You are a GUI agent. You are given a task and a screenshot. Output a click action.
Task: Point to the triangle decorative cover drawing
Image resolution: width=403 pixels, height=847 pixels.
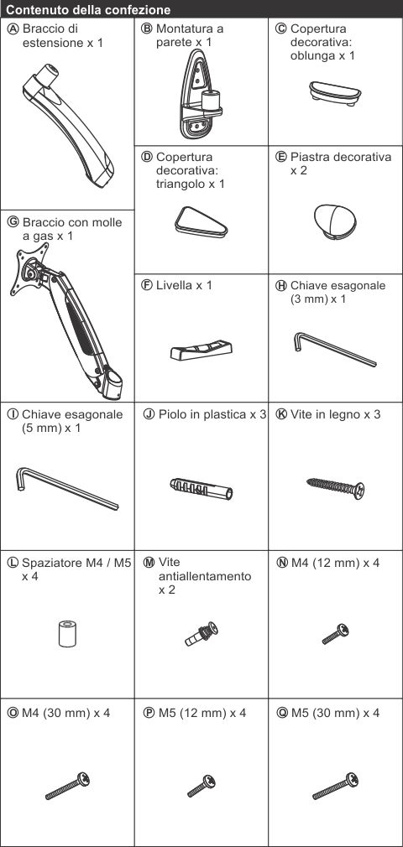pos(201,221)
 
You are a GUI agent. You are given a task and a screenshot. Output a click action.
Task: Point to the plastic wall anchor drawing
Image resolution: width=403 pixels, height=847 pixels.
pos(201,488)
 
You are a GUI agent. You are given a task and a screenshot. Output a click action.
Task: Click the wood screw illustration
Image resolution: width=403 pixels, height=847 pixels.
pos(335,488)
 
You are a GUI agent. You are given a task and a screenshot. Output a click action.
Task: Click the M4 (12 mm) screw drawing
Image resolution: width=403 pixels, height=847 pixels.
pos(335,634)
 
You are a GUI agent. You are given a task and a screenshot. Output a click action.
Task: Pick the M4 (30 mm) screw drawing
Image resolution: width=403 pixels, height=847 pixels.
pos(68,786)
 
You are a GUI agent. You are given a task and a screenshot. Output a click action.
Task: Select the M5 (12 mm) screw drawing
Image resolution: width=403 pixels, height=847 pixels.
pos(201,786)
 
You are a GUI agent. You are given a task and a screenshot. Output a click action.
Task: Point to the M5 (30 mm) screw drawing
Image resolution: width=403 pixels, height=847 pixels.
pos(335,786)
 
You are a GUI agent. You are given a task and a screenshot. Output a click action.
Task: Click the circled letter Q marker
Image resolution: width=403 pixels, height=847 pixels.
pos(283,713)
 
